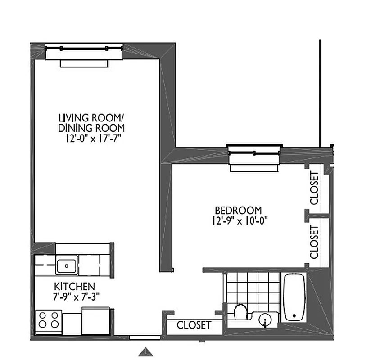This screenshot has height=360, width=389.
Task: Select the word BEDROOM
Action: pyautogui.click(x=238, y=210)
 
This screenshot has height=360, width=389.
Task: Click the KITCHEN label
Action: pyautogui.click(x=74, y=286)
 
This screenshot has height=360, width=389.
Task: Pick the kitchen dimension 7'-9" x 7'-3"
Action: pyautogui.click(x=74, y=296)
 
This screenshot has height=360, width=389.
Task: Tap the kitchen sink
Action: pyautogui.click(x=67, y=265)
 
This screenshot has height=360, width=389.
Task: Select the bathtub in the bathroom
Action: pyautogui.click(x=294, y=297)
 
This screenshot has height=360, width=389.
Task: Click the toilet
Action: pyautogui.click(x=241, y=311)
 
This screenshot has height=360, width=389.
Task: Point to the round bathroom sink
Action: pyautogui.click(x=266, y=320)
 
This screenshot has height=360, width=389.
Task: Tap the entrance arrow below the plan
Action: pyautogui.click(x=145, y=351)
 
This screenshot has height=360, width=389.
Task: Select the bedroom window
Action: pyautogui.click(x=254, y=153)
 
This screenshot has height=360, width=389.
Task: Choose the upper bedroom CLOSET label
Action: pyautogui.click(x=314, y=189)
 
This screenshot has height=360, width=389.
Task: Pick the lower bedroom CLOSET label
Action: pyautogui.click(x=314, y=241)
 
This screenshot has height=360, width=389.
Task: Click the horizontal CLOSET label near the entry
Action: pyautogui.click(x=194, y=325)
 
